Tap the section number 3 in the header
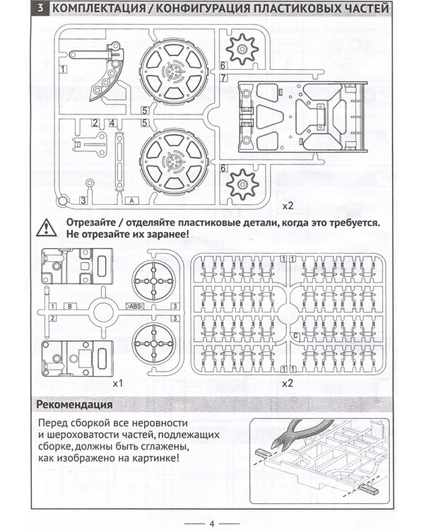coord(42,9)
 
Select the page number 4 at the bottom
coord(211,523)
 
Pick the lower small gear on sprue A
coord(242,186)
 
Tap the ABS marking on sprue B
coord(134,306)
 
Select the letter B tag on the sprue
coord(70,306)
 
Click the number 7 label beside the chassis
coord(223,77)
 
